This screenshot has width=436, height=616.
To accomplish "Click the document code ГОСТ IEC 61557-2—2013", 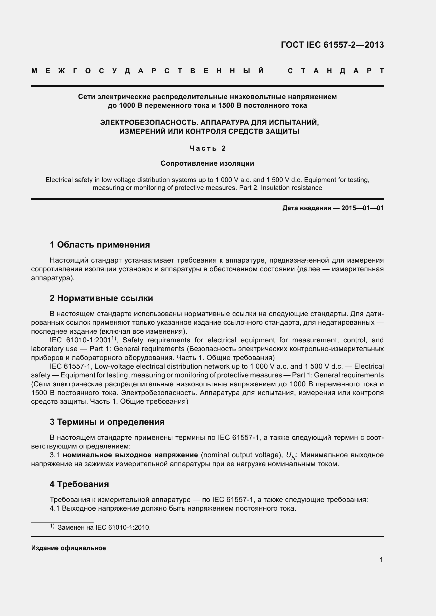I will click(332, 45).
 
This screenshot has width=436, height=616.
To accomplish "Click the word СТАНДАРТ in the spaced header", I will click(336, 71).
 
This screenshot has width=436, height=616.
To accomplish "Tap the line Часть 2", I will click(207, 148).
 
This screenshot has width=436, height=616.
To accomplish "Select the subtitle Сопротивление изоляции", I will click(207, 163).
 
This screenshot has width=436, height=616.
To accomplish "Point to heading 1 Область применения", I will click(100, 245).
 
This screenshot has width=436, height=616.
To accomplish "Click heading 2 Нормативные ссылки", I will click(101, 298).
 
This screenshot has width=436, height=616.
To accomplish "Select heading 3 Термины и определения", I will click(107, 422).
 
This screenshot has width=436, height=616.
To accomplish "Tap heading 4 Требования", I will click(79, 484).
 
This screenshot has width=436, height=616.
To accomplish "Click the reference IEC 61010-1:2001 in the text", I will click(81, 341).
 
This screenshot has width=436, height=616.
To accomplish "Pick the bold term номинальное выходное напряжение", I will click(130, 455).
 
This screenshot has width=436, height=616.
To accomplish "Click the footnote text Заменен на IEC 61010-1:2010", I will click(104, 528).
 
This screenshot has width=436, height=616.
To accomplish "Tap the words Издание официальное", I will click(69, 548).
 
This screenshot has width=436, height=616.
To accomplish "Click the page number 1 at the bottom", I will click(381, 559).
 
